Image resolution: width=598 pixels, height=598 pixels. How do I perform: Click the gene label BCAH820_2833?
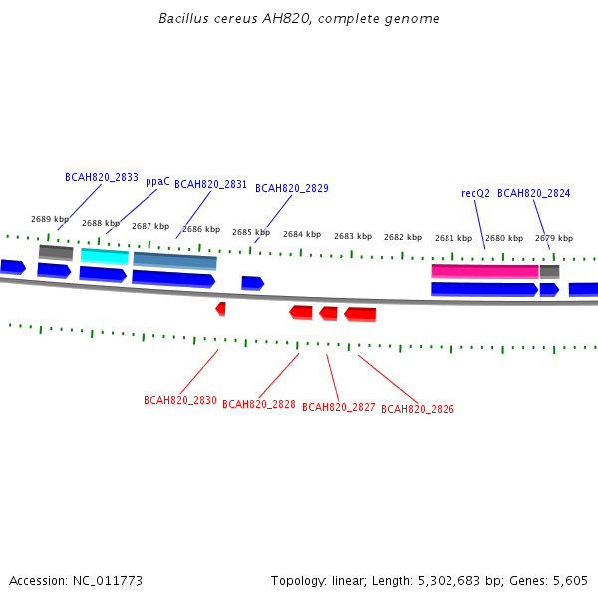(x=102, y=178)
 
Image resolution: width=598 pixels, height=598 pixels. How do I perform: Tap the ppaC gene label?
(x=157, y=182)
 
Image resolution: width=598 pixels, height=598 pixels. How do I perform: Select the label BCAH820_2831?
(x=210, y=185)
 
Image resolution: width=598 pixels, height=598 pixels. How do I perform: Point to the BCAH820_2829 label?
(x=292, y=188)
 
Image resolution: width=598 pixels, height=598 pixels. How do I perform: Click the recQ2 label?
(x=475, y=193)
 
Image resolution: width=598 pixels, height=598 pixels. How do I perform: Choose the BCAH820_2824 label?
(x=534, y=193)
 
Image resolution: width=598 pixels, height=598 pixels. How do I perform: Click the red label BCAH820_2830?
(x=180, y=400)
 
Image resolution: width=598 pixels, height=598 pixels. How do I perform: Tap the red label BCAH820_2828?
(x=259, y=404)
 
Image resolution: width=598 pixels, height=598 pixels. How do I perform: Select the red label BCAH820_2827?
(x=339, y=407)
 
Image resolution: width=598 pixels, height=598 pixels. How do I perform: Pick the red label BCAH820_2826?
(x=418, y=409)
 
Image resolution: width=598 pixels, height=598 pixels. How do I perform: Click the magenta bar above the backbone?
(x=484, y=271)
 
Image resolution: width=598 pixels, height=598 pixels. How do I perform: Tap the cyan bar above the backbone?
(x=105, y=256)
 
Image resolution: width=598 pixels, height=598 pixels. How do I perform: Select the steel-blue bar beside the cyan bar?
(x=175, y=261)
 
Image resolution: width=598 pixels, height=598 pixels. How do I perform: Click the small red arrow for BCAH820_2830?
(x=221, y=309)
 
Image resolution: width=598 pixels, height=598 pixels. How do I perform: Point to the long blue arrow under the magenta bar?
(x=484, y=289)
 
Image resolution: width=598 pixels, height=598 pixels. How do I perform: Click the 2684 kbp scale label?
(x=302, y=234)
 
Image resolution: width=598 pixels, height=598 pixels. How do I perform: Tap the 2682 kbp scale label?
(x=403, y=237)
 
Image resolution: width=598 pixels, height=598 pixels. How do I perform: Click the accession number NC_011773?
(x=108, y=581)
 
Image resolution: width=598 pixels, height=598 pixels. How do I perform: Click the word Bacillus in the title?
(x=183, y=18)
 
